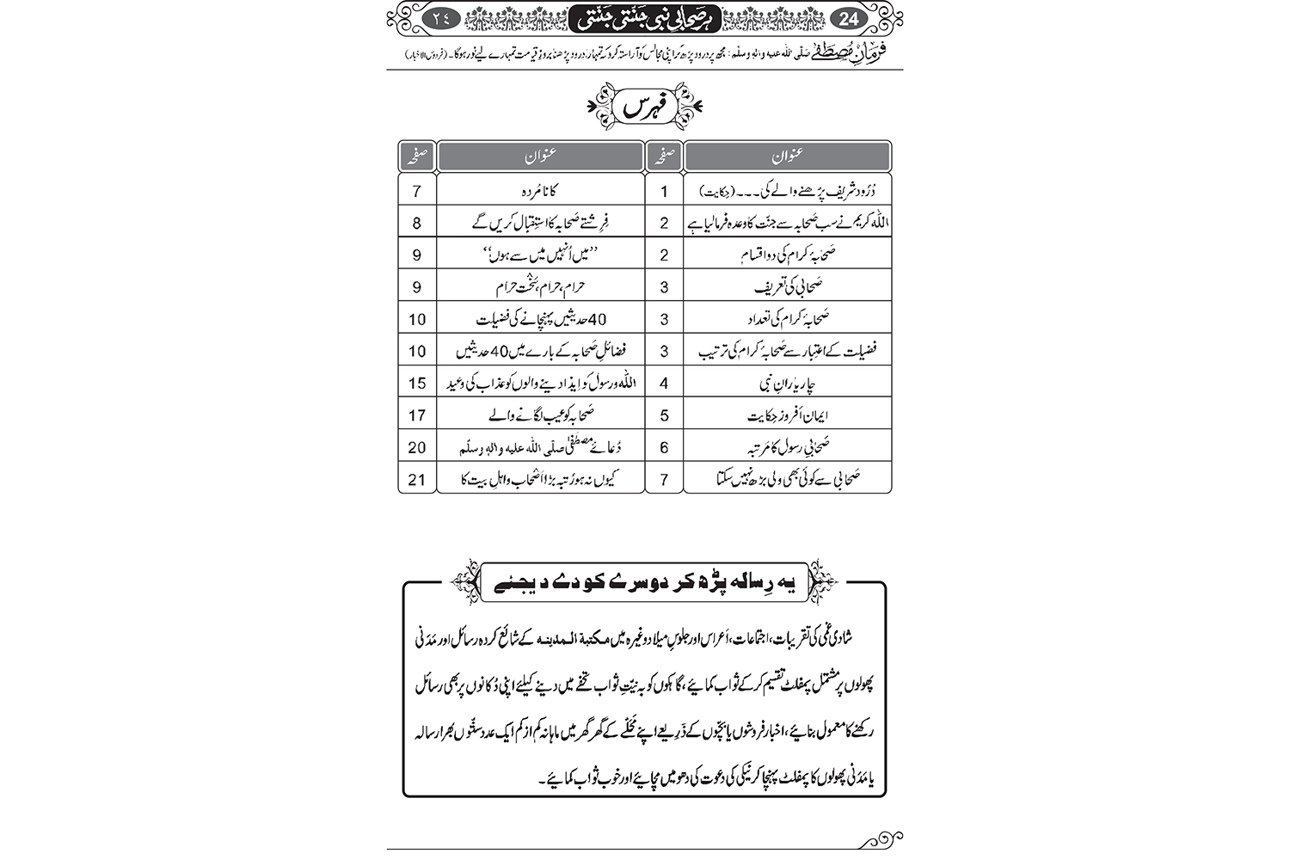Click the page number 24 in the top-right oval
click(847, 16)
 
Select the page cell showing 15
click(417, 383)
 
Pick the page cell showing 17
click(417, 415)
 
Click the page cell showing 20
click(417, 447)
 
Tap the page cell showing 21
click(417, 479)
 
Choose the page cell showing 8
click(417, 223)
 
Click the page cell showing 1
click(664, 191)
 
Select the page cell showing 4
click(664, 383)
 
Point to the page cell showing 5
click(664, 415)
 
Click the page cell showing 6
click(664, 447)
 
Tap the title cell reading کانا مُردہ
click(540, 191)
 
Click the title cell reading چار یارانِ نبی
click(787, 383)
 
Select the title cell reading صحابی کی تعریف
click(787, 286)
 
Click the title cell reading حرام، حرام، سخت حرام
click(540, 286)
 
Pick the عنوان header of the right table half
click(787, 157)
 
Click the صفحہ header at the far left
click(417, 157)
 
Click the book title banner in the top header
click(645, 16)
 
